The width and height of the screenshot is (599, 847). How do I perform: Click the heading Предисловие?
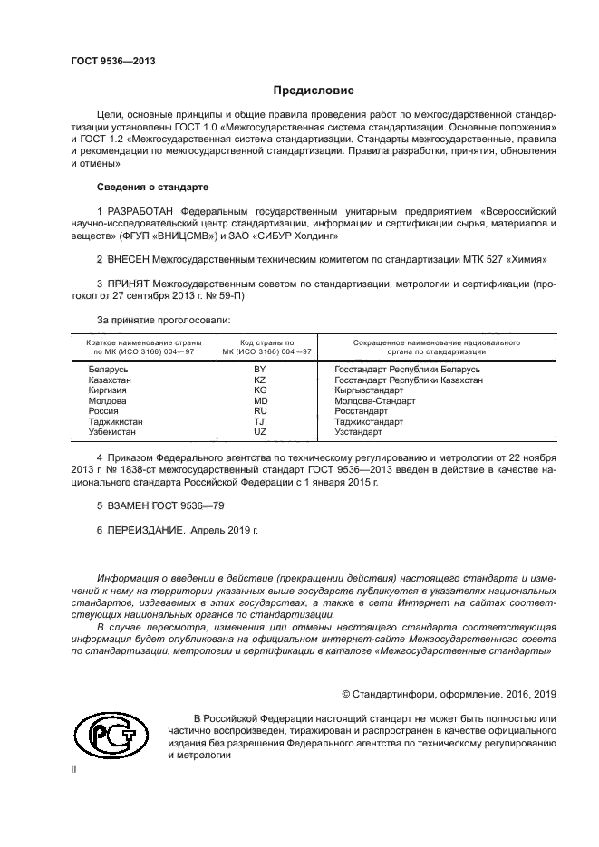coord(314,91)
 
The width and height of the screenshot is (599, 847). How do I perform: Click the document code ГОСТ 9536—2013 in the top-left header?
coord(113,61)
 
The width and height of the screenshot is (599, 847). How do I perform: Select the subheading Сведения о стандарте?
coord(152,187)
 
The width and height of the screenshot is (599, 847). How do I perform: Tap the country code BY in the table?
coord(260,370)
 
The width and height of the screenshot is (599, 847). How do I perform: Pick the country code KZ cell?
coord(260,380)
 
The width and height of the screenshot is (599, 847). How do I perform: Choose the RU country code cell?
coord(260,411)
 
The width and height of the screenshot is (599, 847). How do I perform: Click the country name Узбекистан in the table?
coord(115,432)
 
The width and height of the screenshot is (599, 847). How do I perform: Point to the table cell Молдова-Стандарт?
coord(374,400)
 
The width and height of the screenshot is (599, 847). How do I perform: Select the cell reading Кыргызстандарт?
coord(369,390)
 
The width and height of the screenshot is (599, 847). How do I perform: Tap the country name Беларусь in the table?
coord(109,370)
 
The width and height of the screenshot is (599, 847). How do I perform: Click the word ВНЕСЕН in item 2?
coord(130,259)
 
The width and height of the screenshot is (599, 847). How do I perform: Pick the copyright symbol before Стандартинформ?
coord(346,694)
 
